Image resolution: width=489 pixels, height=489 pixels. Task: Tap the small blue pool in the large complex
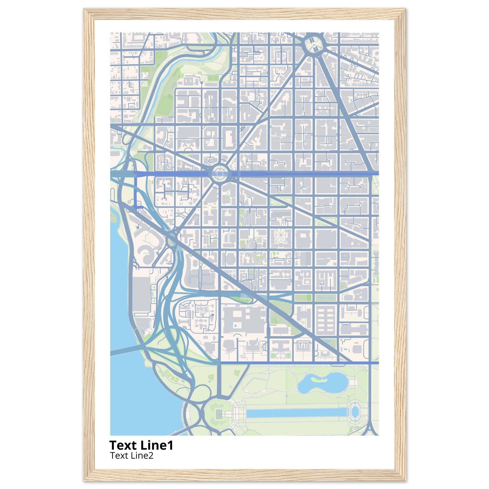(236, 325)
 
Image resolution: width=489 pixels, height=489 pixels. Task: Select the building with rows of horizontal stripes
(326, 320)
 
